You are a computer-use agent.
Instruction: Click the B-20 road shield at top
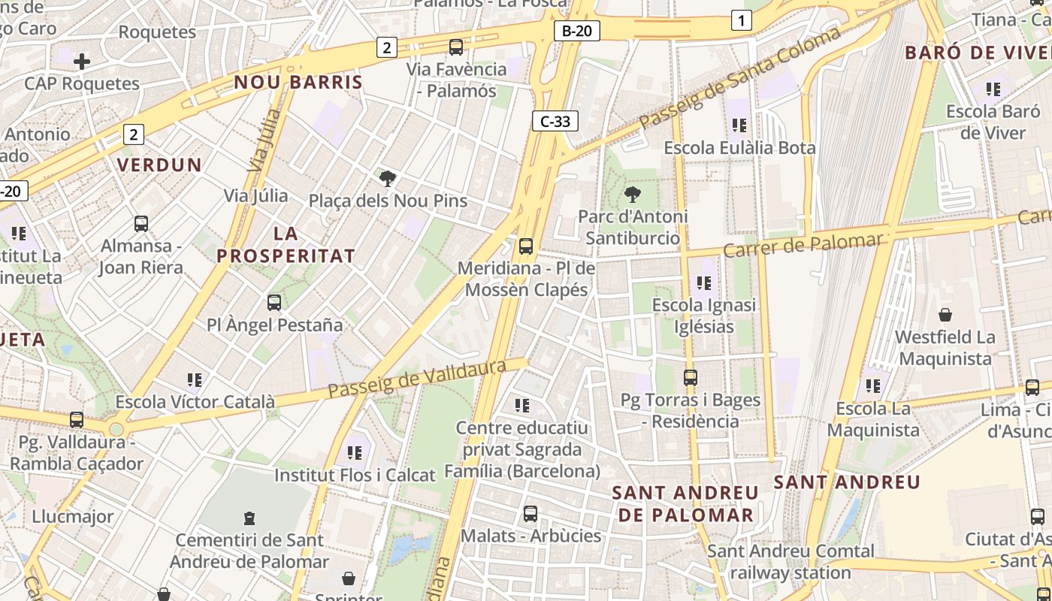coord(576,31)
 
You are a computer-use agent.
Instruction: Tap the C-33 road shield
coord(555,121)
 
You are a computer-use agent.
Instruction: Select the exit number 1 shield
coord(741,21)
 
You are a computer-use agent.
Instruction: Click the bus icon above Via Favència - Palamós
coord(455,47)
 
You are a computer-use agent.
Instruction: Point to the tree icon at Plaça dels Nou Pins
coord(388,179)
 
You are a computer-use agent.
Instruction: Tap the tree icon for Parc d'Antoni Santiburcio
coord(633,195)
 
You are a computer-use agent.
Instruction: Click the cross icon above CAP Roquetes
coord(82,61)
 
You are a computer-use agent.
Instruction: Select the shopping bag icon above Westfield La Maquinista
coord(945,315)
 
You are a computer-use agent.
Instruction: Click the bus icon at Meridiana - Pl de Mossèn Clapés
coord(526,246)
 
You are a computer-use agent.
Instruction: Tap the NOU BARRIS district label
coord(298,82)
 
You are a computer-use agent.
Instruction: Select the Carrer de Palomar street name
coord(803,245)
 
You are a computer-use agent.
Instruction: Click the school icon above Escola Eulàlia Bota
coord(739,125)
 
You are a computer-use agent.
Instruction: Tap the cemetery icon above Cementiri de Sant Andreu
coord(249,518)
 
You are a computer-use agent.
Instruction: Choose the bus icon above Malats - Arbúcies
coord(531,514)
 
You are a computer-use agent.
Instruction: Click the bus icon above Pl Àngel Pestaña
coord(274,303)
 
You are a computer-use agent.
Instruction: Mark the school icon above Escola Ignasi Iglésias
coord(703,283)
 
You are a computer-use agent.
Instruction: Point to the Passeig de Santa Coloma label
coord(739,80)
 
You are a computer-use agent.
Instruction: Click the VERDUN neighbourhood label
coord(159,165)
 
